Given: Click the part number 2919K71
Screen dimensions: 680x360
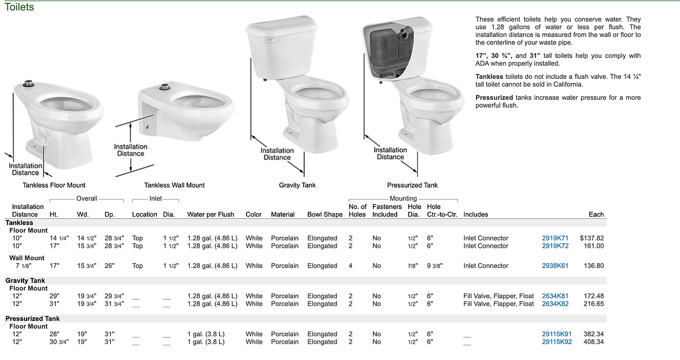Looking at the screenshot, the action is [x=555, y=238].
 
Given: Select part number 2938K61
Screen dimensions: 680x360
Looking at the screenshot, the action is [x=555, y=266].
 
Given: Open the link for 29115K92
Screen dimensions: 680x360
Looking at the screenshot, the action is [x=556, y=342].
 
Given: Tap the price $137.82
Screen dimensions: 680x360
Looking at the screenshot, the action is [x=592, y=238].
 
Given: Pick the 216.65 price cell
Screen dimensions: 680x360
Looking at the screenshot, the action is [x=593, y=304].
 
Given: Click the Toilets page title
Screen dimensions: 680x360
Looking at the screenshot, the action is [x=19, y=7].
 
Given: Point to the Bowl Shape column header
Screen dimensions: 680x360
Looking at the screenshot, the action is [x=325, y=214].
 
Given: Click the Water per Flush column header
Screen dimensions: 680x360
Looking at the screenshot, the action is [x=210, y=214].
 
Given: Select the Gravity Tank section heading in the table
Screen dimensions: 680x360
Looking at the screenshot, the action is [x=25, y=281].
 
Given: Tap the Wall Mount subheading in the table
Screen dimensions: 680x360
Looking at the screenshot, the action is [x=27, y=258].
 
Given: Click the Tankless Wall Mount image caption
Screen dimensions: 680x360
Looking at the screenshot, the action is [x=175, y=185].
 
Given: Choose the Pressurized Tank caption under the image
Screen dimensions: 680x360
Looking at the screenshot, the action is [x=413, y=185].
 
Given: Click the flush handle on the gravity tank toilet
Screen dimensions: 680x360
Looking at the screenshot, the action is [x=271, y=41].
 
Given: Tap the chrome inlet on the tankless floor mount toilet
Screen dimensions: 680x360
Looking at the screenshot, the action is [x=28, y=83].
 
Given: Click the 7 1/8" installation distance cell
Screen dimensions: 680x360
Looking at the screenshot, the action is [x=23, y=266].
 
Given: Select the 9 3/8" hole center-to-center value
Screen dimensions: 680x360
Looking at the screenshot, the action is [x=435, y=266].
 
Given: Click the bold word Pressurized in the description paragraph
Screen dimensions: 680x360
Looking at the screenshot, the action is [x=494, y=98].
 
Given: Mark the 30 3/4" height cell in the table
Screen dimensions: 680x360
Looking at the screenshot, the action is [x=59, y=342].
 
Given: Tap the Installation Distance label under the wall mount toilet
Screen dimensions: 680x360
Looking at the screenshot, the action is [x=130, y=150].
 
